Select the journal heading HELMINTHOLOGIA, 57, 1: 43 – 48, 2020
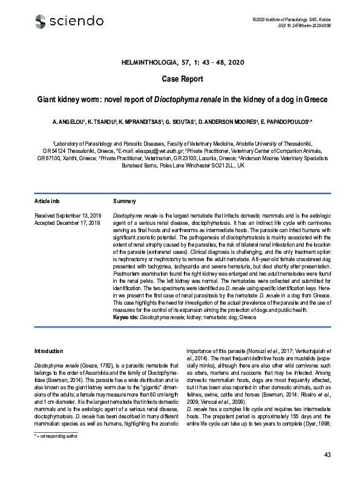tap(180, 63)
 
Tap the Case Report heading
tap(180, 79)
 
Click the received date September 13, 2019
tap(76, 215)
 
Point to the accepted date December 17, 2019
tap(76, 222)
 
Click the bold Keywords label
tap(126, 317)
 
